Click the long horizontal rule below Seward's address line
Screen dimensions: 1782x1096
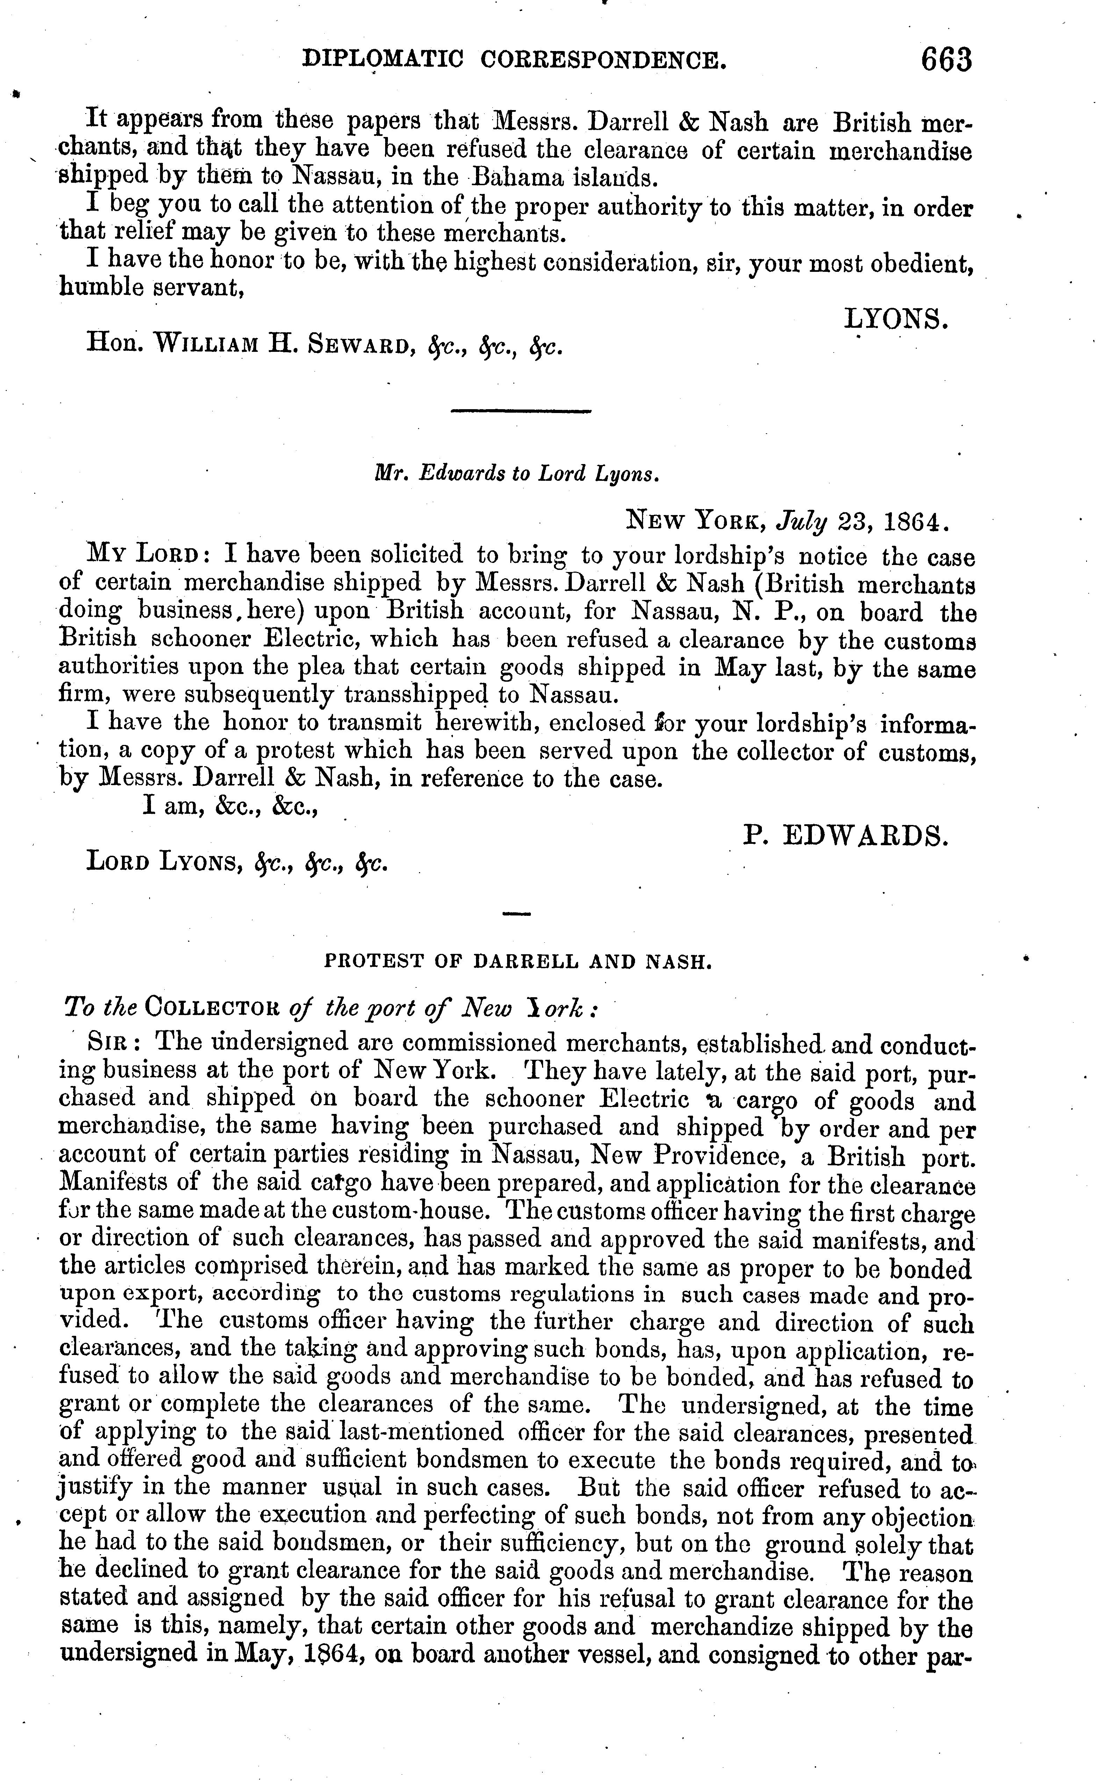pos(520,412)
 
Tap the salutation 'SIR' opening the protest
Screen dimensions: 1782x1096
pos(106,1043)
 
